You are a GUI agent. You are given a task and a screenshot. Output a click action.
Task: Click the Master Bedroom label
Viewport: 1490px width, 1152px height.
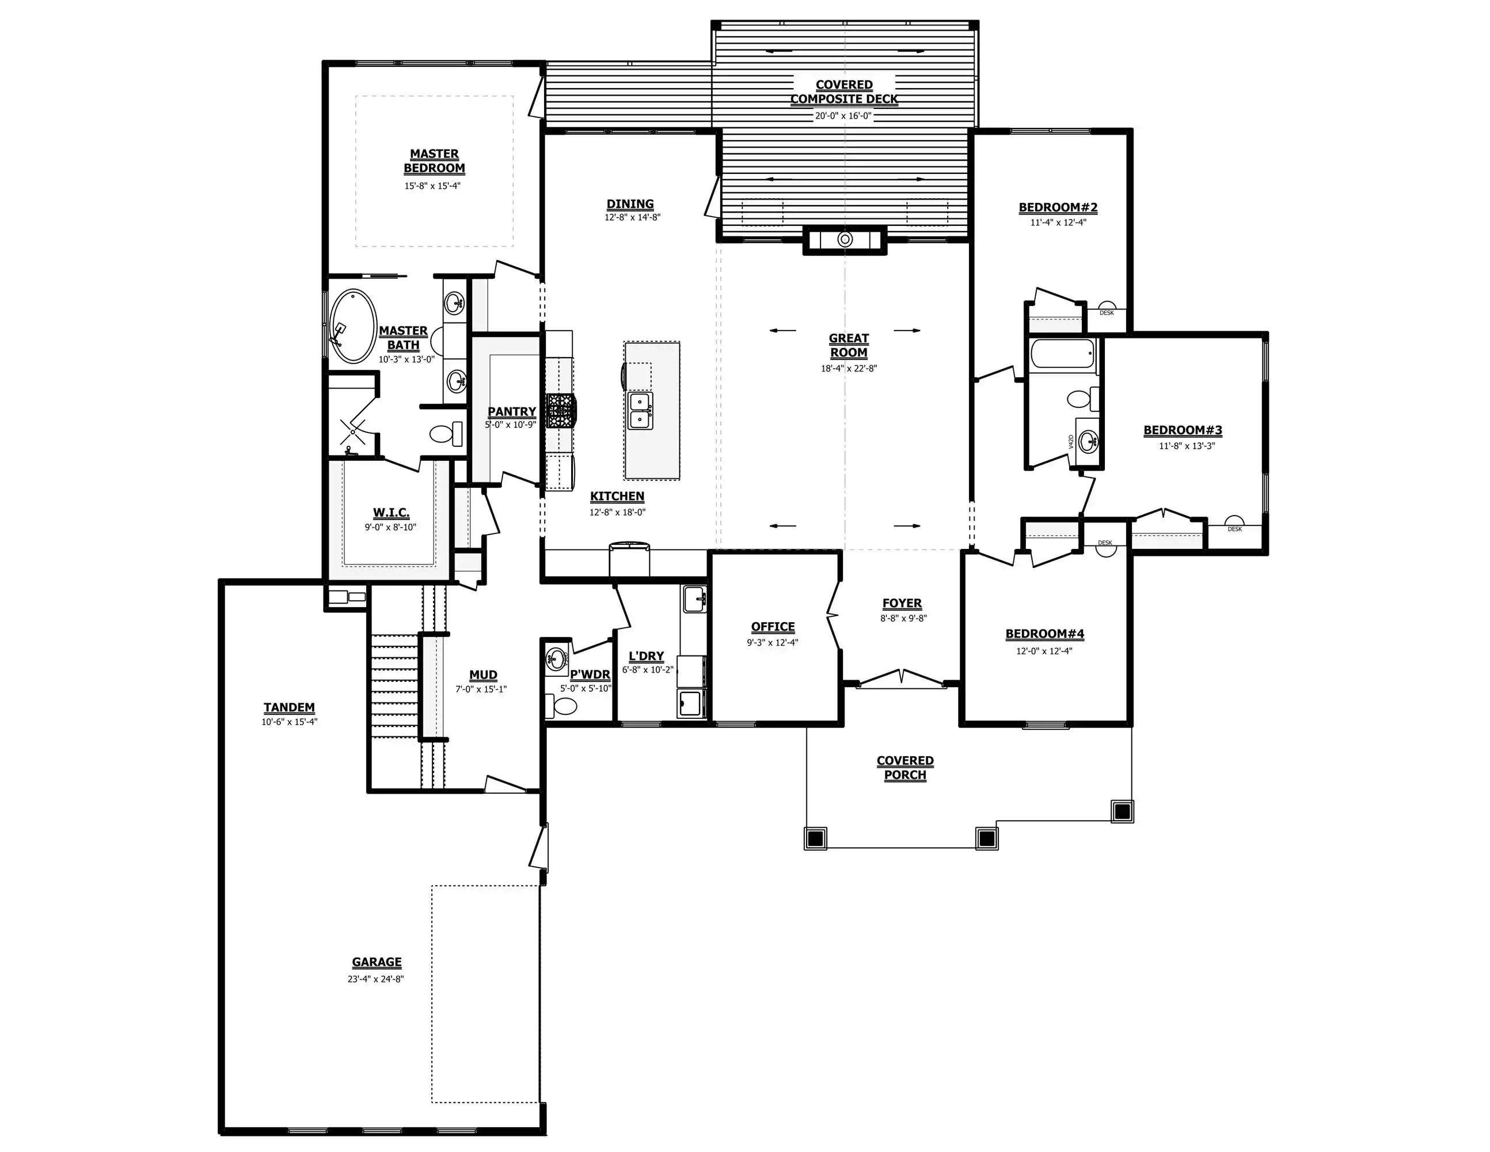coord(434,161)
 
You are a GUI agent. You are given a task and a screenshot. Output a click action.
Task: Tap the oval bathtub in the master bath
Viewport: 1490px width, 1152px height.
coord(353,326)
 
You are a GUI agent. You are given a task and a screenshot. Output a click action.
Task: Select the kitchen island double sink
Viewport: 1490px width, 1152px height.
coord(641,410)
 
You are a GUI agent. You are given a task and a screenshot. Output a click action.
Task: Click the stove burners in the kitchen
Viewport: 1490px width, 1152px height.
coord(560,410)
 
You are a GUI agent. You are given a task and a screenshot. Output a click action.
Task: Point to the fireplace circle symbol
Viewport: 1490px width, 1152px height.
coord(845,240)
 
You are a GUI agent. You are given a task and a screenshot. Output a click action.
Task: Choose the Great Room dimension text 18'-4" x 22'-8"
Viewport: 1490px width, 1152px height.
coord(849,369)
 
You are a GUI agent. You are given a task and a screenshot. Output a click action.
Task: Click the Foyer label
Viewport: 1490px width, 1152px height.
coord(902,603)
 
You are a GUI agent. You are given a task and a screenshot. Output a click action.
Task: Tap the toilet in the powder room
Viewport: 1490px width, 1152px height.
coord(560,706)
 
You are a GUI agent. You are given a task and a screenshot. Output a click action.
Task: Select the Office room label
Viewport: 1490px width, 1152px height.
coord(773,627)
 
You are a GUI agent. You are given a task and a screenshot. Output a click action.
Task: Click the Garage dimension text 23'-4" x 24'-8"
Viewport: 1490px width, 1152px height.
coord(376,979)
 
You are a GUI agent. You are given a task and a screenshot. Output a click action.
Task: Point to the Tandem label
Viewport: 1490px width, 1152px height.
coord(289,708)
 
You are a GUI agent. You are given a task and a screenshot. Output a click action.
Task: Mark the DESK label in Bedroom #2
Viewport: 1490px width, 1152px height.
coord(1107,313)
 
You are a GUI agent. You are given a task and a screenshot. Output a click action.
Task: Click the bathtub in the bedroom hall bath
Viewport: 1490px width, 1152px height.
coord(1062,355)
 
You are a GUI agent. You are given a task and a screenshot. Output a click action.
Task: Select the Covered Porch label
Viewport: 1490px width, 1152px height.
coord(905,768)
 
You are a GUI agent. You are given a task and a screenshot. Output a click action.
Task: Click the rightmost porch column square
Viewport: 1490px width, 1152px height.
coord(1122,812)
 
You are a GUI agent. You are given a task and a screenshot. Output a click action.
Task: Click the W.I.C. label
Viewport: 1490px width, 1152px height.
coord(391,513)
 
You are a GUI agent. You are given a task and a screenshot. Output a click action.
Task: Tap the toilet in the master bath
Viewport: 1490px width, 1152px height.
coord(446,434)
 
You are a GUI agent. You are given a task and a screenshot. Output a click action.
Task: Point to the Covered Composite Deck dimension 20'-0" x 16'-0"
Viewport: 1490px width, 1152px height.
coord(844,116)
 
